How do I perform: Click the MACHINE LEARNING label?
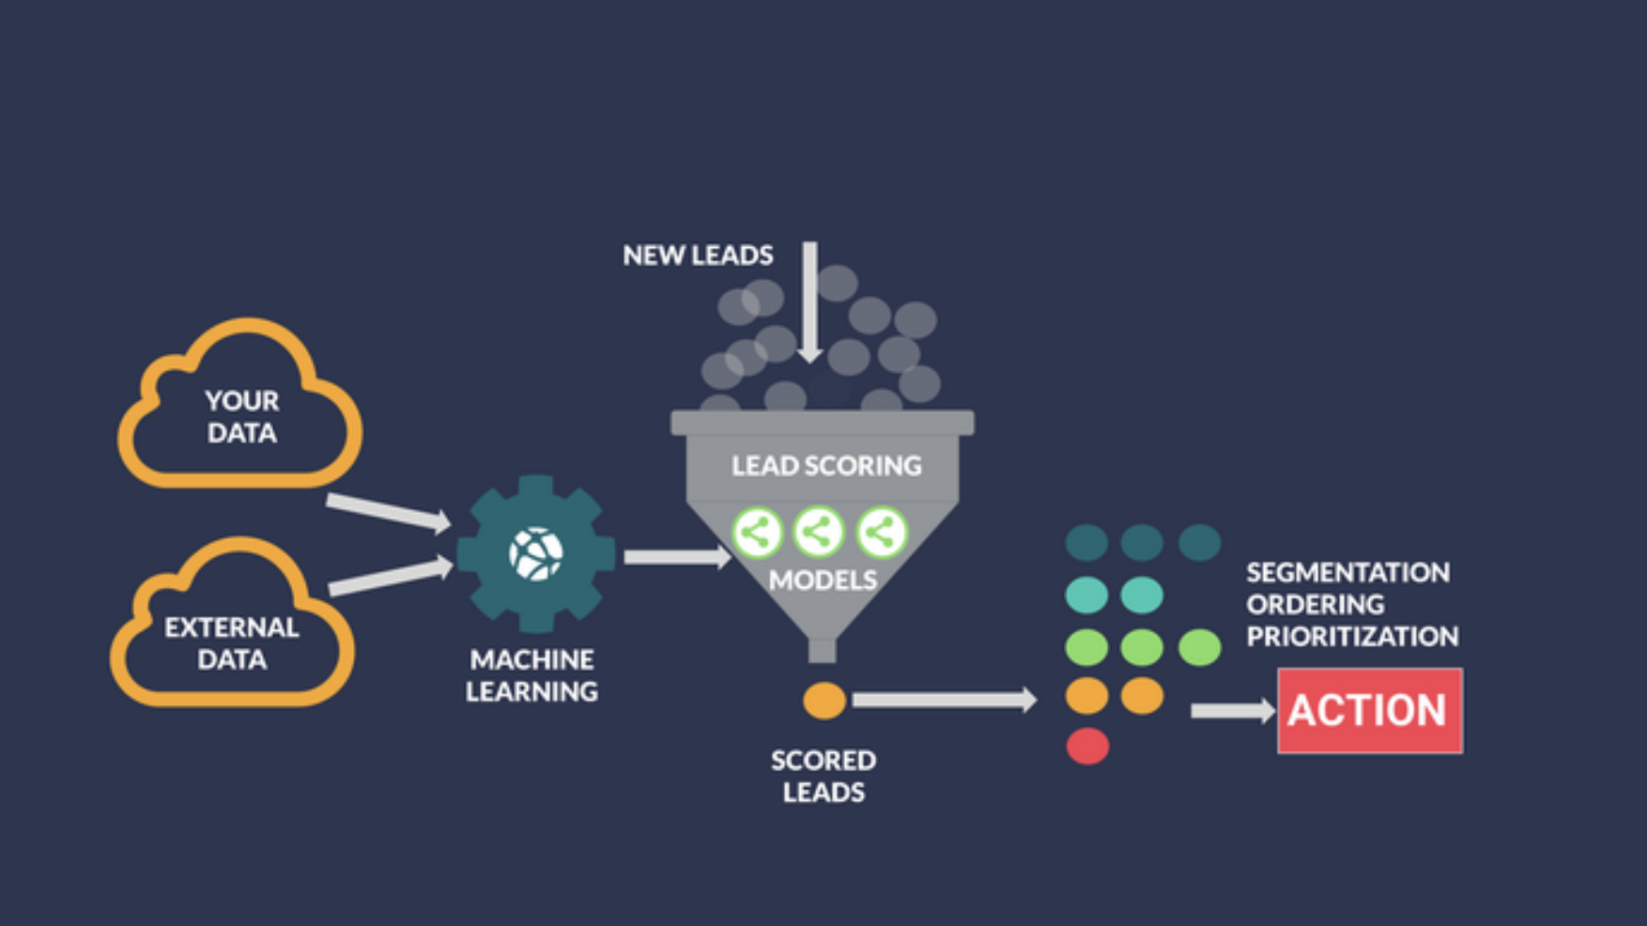531,675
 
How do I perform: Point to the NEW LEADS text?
698,255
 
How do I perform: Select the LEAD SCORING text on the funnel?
826,466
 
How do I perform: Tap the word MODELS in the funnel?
823,580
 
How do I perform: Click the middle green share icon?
819,532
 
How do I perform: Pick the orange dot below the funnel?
824,701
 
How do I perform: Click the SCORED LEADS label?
823,776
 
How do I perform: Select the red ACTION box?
1370,711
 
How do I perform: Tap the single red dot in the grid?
1087,747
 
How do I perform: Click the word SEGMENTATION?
1347,573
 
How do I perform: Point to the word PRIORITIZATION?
1352,637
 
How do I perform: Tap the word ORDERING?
1315,605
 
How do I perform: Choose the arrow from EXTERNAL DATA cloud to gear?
391,576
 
